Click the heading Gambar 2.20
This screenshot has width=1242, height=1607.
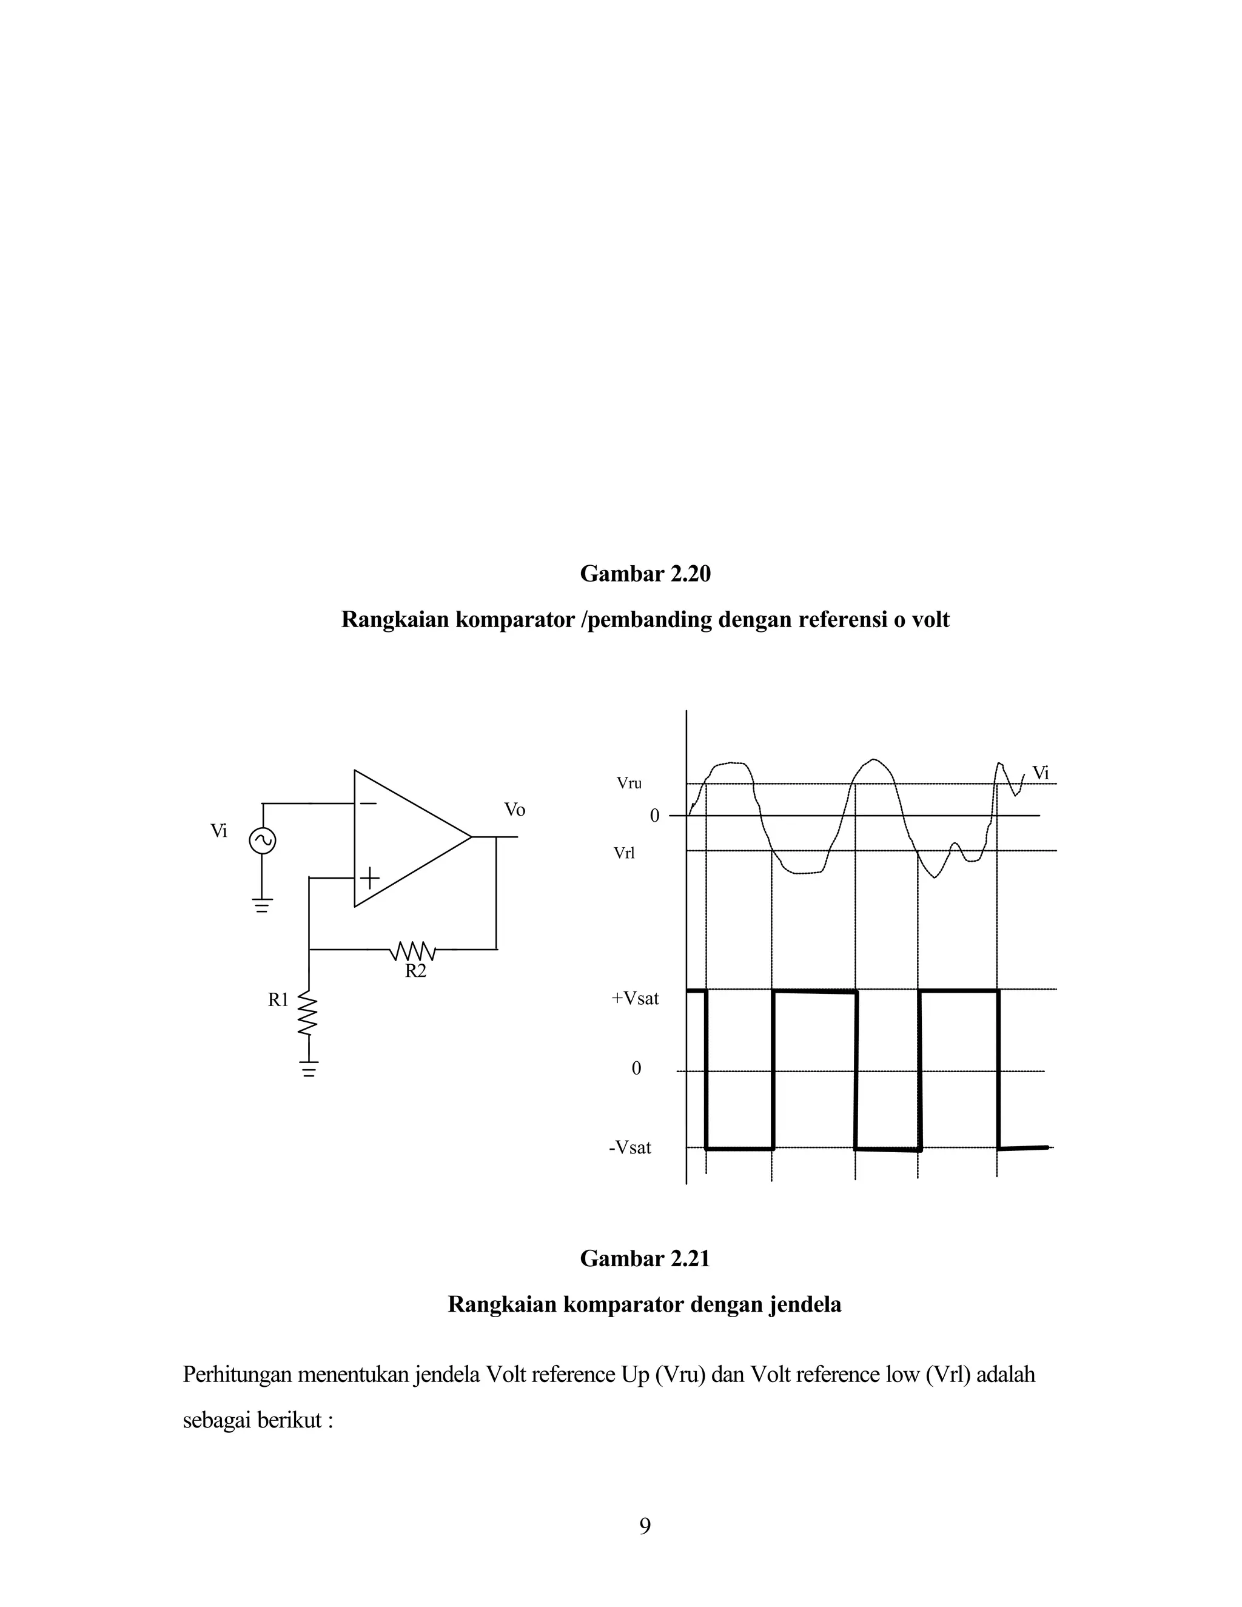(645, 574)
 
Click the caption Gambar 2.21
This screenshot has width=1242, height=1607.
(645, 1258)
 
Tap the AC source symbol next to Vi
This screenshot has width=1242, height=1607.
(262, 840)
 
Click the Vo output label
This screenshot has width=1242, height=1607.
(514, 810)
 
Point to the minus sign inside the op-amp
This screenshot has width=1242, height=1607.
(368, 803)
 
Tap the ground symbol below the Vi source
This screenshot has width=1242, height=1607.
(262, 905)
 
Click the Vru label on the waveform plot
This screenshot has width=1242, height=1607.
(629, 783)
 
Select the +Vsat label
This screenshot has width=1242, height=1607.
(635, 999)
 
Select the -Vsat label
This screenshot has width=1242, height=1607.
(630, 1148)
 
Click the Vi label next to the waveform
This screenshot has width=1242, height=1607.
(1039, 773)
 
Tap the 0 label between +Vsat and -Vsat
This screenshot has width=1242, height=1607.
(636, 1069)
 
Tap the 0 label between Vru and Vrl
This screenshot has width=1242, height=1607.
(654, 816)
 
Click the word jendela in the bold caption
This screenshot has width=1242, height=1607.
(804, 1304)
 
